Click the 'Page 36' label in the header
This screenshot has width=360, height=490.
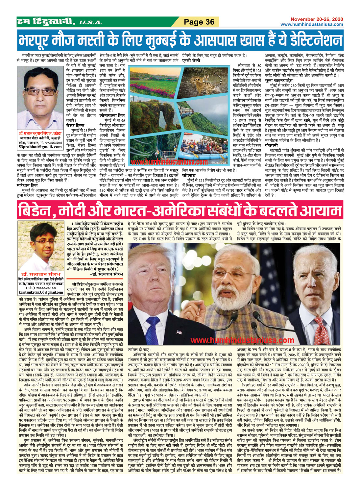click(x=199, y=22)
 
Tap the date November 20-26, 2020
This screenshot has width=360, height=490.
click(x=317, y=19)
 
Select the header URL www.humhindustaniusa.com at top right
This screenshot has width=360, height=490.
click(x=312, y=24)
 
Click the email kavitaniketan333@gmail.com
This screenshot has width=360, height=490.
click(x=40, y=292)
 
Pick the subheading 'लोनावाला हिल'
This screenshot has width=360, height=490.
click(x=112, y=116)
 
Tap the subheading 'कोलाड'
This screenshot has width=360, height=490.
click(x=189, y=176)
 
